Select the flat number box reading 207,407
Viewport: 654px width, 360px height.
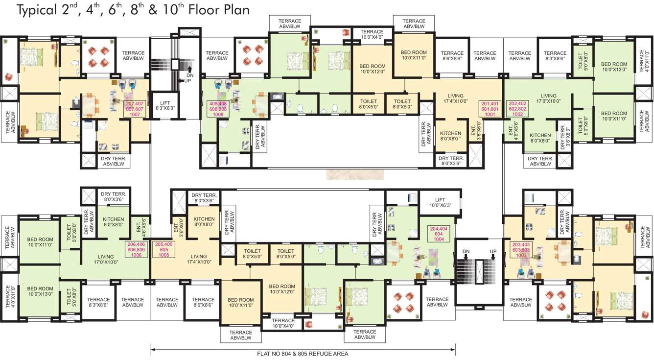pos(135,107)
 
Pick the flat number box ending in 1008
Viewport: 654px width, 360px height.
pos(218,107)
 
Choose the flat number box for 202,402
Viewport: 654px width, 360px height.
pos(518,107)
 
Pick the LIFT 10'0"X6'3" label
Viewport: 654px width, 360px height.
pos(440,203)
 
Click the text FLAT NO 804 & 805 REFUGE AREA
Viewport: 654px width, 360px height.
pos(303,353)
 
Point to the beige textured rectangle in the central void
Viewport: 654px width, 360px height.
pos(349,174)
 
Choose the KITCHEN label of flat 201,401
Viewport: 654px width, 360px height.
pos(450,136)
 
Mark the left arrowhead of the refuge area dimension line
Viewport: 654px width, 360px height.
pos(153,349)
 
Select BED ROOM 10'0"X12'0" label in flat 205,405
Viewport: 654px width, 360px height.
pos(281,289)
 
